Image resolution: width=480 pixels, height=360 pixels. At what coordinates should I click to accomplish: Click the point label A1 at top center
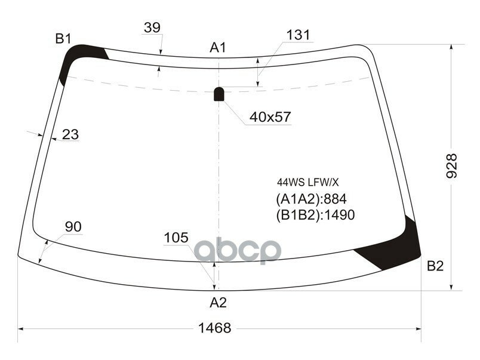coord(218,47)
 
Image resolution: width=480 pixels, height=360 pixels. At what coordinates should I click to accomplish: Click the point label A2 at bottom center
coord(219,303)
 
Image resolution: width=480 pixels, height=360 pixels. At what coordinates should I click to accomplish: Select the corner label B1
coord(63,39)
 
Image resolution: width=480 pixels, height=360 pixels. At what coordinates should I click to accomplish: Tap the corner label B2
coord(435,266)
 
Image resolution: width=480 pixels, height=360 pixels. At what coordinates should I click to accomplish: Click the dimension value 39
coord(152,27)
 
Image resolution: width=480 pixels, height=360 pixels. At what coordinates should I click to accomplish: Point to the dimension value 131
coord(298,35)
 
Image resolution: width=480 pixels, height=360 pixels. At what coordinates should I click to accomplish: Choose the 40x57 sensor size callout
coord(270,117)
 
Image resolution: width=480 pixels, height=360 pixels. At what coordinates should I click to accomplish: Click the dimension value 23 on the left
coord(70,134)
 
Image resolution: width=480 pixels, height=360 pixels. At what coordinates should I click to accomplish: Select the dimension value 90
coord(73,227)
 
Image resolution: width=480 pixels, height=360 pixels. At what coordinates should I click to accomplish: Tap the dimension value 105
coord(176,238)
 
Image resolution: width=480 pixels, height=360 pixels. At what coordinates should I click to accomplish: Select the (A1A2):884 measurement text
coord(311,199)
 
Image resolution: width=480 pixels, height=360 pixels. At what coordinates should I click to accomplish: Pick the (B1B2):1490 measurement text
coord(315,215)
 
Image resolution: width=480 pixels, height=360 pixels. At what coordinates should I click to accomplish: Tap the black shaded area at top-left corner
coord(78,60)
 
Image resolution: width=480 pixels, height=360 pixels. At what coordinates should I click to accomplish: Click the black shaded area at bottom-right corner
coord(394,248)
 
